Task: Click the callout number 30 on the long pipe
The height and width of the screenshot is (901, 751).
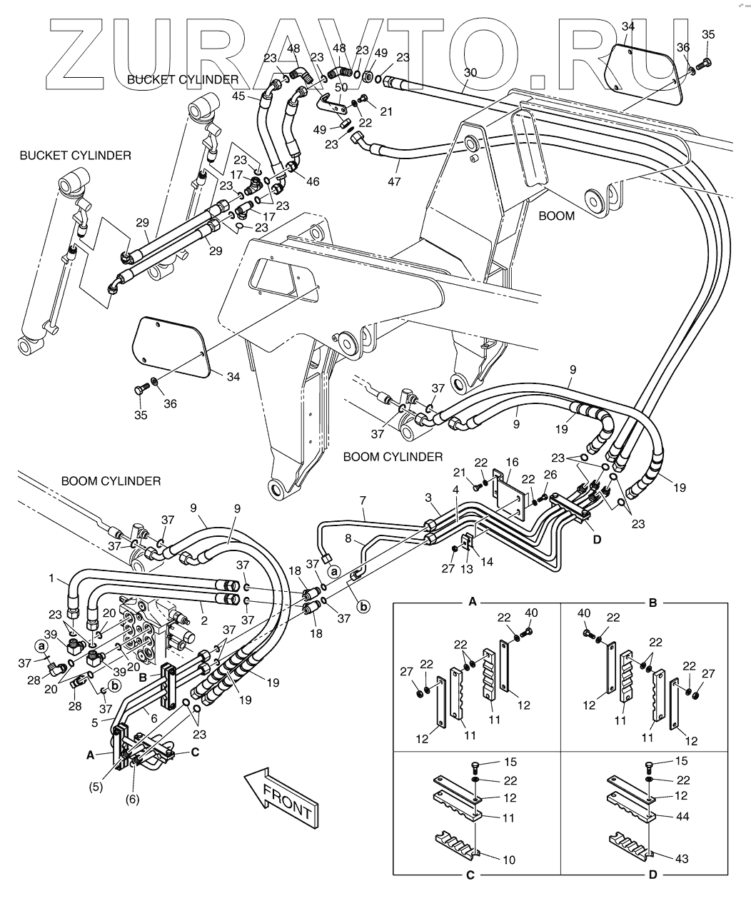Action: point(470,73)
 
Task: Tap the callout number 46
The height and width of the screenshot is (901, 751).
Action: point(313,183)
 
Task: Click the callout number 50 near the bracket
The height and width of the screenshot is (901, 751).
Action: point(341,87)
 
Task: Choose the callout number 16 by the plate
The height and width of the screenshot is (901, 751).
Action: point(513,463)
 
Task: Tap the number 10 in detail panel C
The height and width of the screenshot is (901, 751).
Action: point(508,860)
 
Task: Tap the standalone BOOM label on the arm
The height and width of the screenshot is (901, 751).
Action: point(555,216)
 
